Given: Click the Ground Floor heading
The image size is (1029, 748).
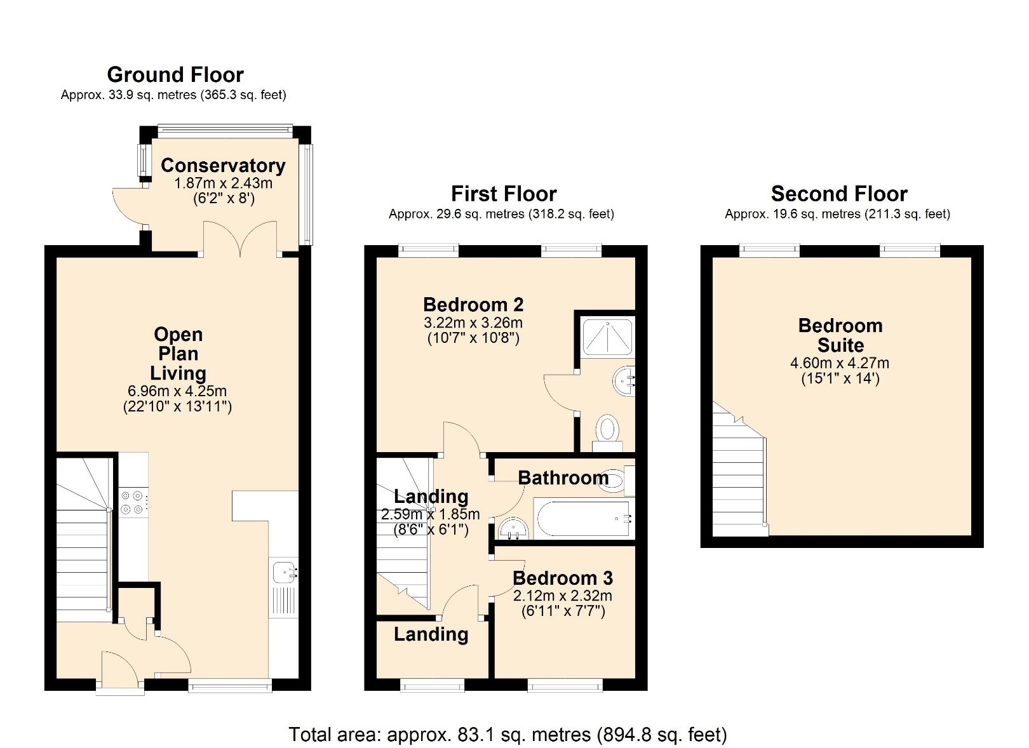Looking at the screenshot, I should click(x=175, y=74).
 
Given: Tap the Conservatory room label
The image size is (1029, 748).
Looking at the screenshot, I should click(x=223, y=165).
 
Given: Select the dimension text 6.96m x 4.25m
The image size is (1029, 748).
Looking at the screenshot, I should click(x=177, y=391).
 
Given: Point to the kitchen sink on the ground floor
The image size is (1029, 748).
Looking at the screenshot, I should click(x=283, y=573).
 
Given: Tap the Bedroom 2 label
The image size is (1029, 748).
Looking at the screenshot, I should click(x=473, y=305).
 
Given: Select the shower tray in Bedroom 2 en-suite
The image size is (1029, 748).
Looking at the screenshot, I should click(x=608, y=337).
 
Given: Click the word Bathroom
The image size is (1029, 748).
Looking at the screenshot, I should click(x=563, y=478).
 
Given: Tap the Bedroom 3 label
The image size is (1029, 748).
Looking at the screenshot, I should click(x=563, y=578).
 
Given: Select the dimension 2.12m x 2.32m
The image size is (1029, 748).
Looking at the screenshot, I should click(x=563, y=596).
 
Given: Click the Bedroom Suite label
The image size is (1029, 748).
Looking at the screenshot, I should click(x=840, y=335).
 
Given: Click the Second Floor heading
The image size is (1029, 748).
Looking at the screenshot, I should click(x=838, y=194).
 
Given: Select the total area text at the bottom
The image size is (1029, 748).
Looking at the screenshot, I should click(x=508, y=735).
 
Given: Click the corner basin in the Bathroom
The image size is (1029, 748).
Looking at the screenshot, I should click(x=512, y=529).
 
